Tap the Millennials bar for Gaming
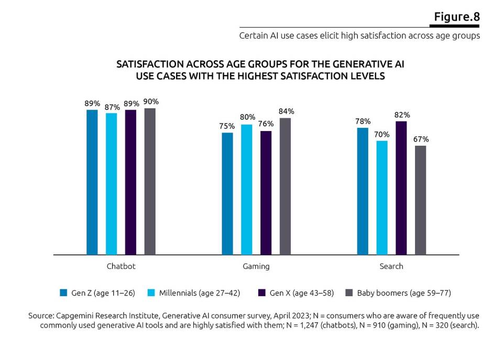pos(247,189)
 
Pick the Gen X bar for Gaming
pos(266,192)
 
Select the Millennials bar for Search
pos(382,198)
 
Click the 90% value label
pos(150,102)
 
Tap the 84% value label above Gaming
pos(286,111)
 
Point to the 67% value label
pos(420,139)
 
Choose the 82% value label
pos(401,115)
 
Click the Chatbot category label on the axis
pos(121,266)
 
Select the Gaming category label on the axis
pos(256,266)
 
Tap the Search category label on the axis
pos(391,266)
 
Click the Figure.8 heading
pos(456,16)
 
